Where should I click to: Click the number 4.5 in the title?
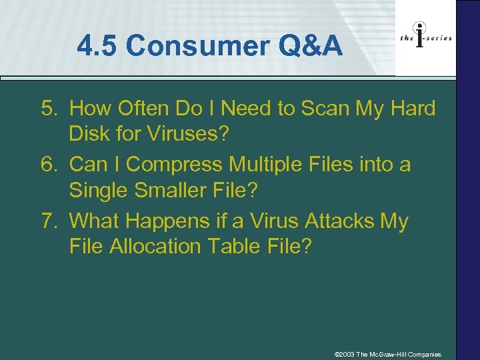98,47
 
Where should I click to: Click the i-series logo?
425,39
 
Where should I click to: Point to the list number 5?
49,108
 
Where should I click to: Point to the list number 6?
49,164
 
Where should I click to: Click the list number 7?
49,221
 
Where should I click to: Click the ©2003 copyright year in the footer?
346,354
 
